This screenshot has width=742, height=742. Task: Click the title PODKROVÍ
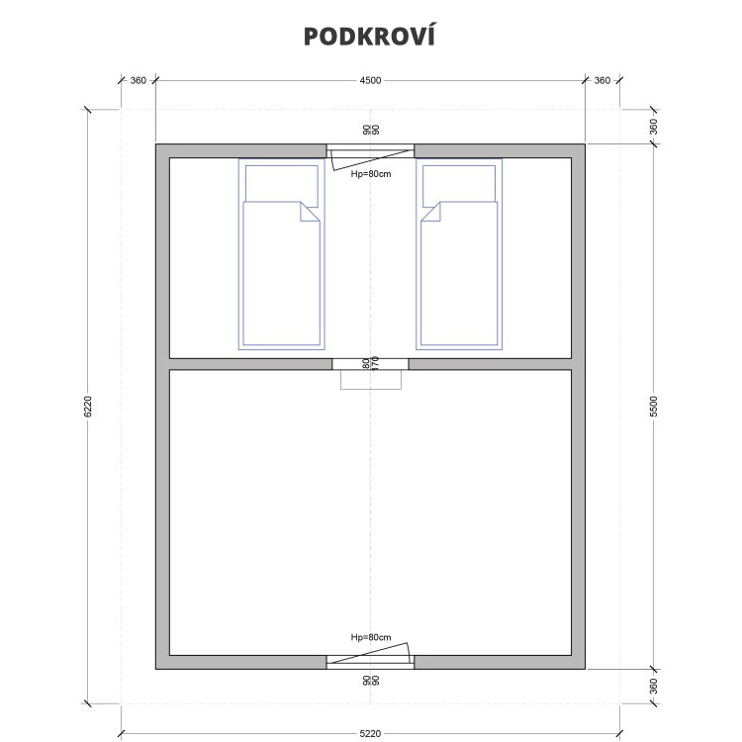[369, 36]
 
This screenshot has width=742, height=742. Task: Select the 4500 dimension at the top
[370, 80]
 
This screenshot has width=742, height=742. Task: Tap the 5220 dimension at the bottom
[370, 733]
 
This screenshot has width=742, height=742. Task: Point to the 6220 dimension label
[87, 407]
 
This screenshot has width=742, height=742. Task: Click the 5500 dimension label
[654, 407]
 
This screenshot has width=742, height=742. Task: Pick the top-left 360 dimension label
[139, 80]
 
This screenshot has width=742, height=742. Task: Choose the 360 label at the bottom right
[654, 687]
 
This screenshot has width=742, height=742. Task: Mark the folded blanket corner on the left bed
[308, 213]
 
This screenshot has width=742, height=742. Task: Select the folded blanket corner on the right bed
[432, 213]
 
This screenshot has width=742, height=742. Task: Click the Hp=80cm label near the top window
[371, 174]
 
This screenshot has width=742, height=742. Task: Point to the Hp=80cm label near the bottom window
[371, 637]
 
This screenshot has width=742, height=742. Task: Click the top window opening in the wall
[370, 151]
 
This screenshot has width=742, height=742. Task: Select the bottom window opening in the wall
[370, 662]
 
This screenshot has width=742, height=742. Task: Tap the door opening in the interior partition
[370, 364]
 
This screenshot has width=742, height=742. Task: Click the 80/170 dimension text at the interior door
[371, 363]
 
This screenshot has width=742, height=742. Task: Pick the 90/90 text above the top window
[371, 130]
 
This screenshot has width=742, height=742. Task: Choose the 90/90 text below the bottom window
[371, 681]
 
